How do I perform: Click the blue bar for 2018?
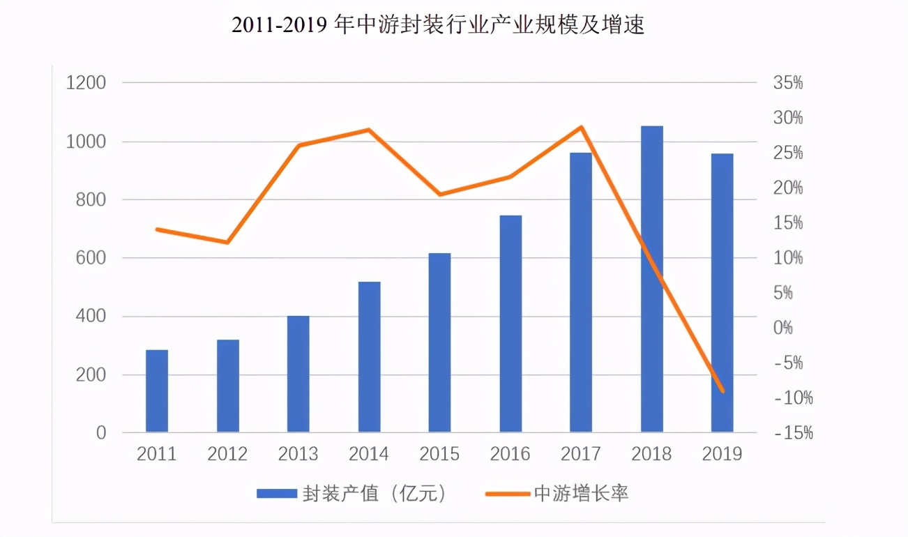[x=651, y=279]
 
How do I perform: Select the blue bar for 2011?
[x=157, y=391]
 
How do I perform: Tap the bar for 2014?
[x=369, y=356]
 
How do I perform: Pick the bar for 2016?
[x=510, y=324]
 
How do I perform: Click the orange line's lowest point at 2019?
[x=723, y=391]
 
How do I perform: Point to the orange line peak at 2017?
[x=581, y=127]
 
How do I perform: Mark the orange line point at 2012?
[x=227, y=242]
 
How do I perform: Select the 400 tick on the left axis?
[x=91, y=317]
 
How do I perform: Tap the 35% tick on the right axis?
[x=788, y=83]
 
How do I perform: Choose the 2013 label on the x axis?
[x=298, y=454]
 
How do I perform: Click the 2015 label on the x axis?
[x=439, y=454]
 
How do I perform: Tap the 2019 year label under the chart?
[x=722, y=454]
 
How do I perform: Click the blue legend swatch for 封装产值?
[x=276, y=494]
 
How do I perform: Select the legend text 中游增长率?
[x=582, y=494]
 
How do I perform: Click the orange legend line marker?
[x=507, y=494]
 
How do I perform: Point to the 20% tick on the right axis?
[x=788, y=188]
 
